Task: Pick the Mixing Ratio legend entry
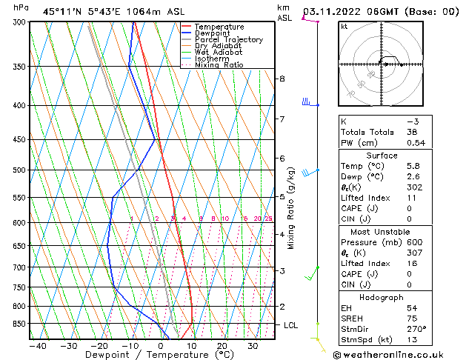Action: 219,65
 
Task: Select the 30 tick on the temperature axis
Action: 253,346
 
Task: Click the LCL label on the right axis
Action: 292,325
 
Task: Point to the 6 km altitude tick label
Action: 282,158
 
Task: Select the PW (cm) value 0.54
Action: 416,143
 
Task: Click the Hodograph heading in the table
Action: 381,297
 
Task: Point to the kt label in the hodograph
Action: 344,26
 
